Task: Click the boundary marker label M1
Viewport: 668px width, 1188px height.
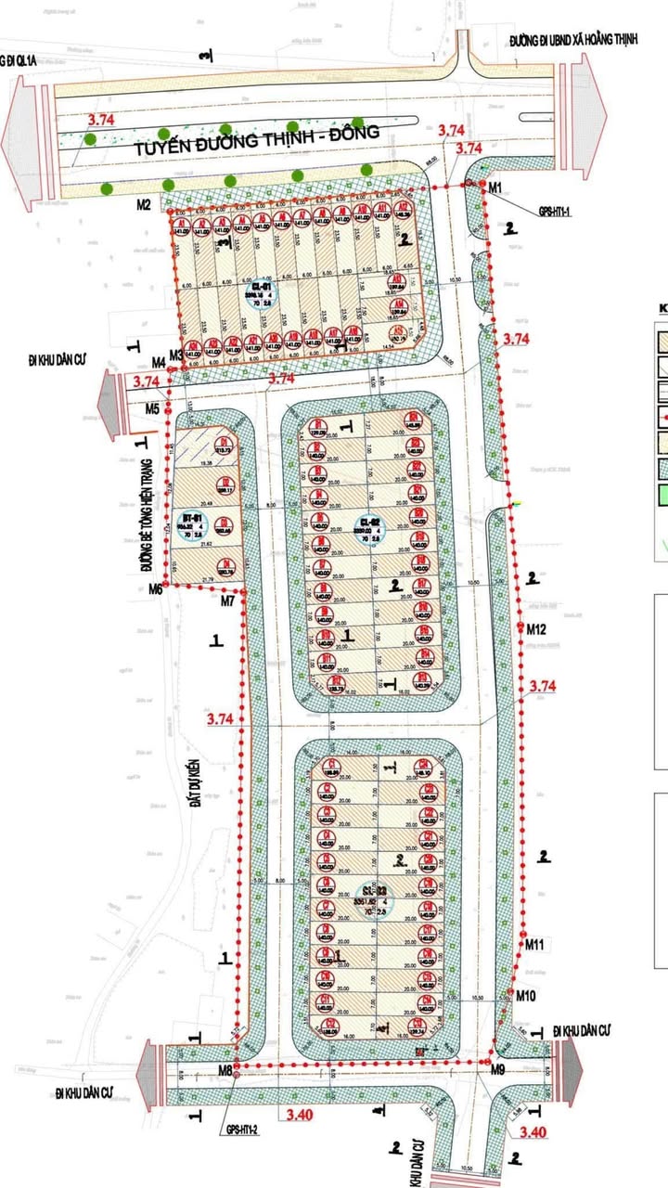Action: [495, 187]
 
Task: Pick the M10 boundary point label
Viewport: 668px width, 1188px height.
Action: [526, 996]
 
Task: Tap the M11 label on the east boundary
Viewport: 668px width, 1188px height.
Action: [534, 945]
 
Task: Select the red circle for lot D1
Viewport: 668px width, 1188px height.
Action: [225, 443]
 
